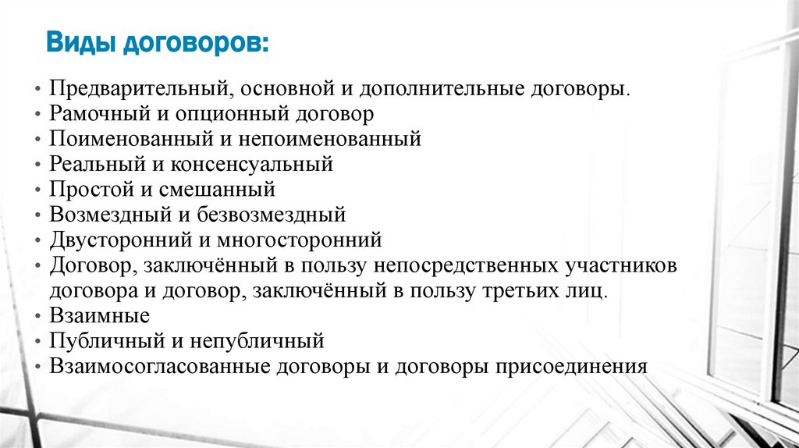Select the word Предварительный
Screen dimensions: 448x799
click(x=137, y=88)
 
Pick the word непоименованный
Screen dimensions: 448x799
click(x=339, y=140)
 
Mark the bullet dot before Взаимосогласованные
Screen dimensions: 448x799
click(x=38, y=367)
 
